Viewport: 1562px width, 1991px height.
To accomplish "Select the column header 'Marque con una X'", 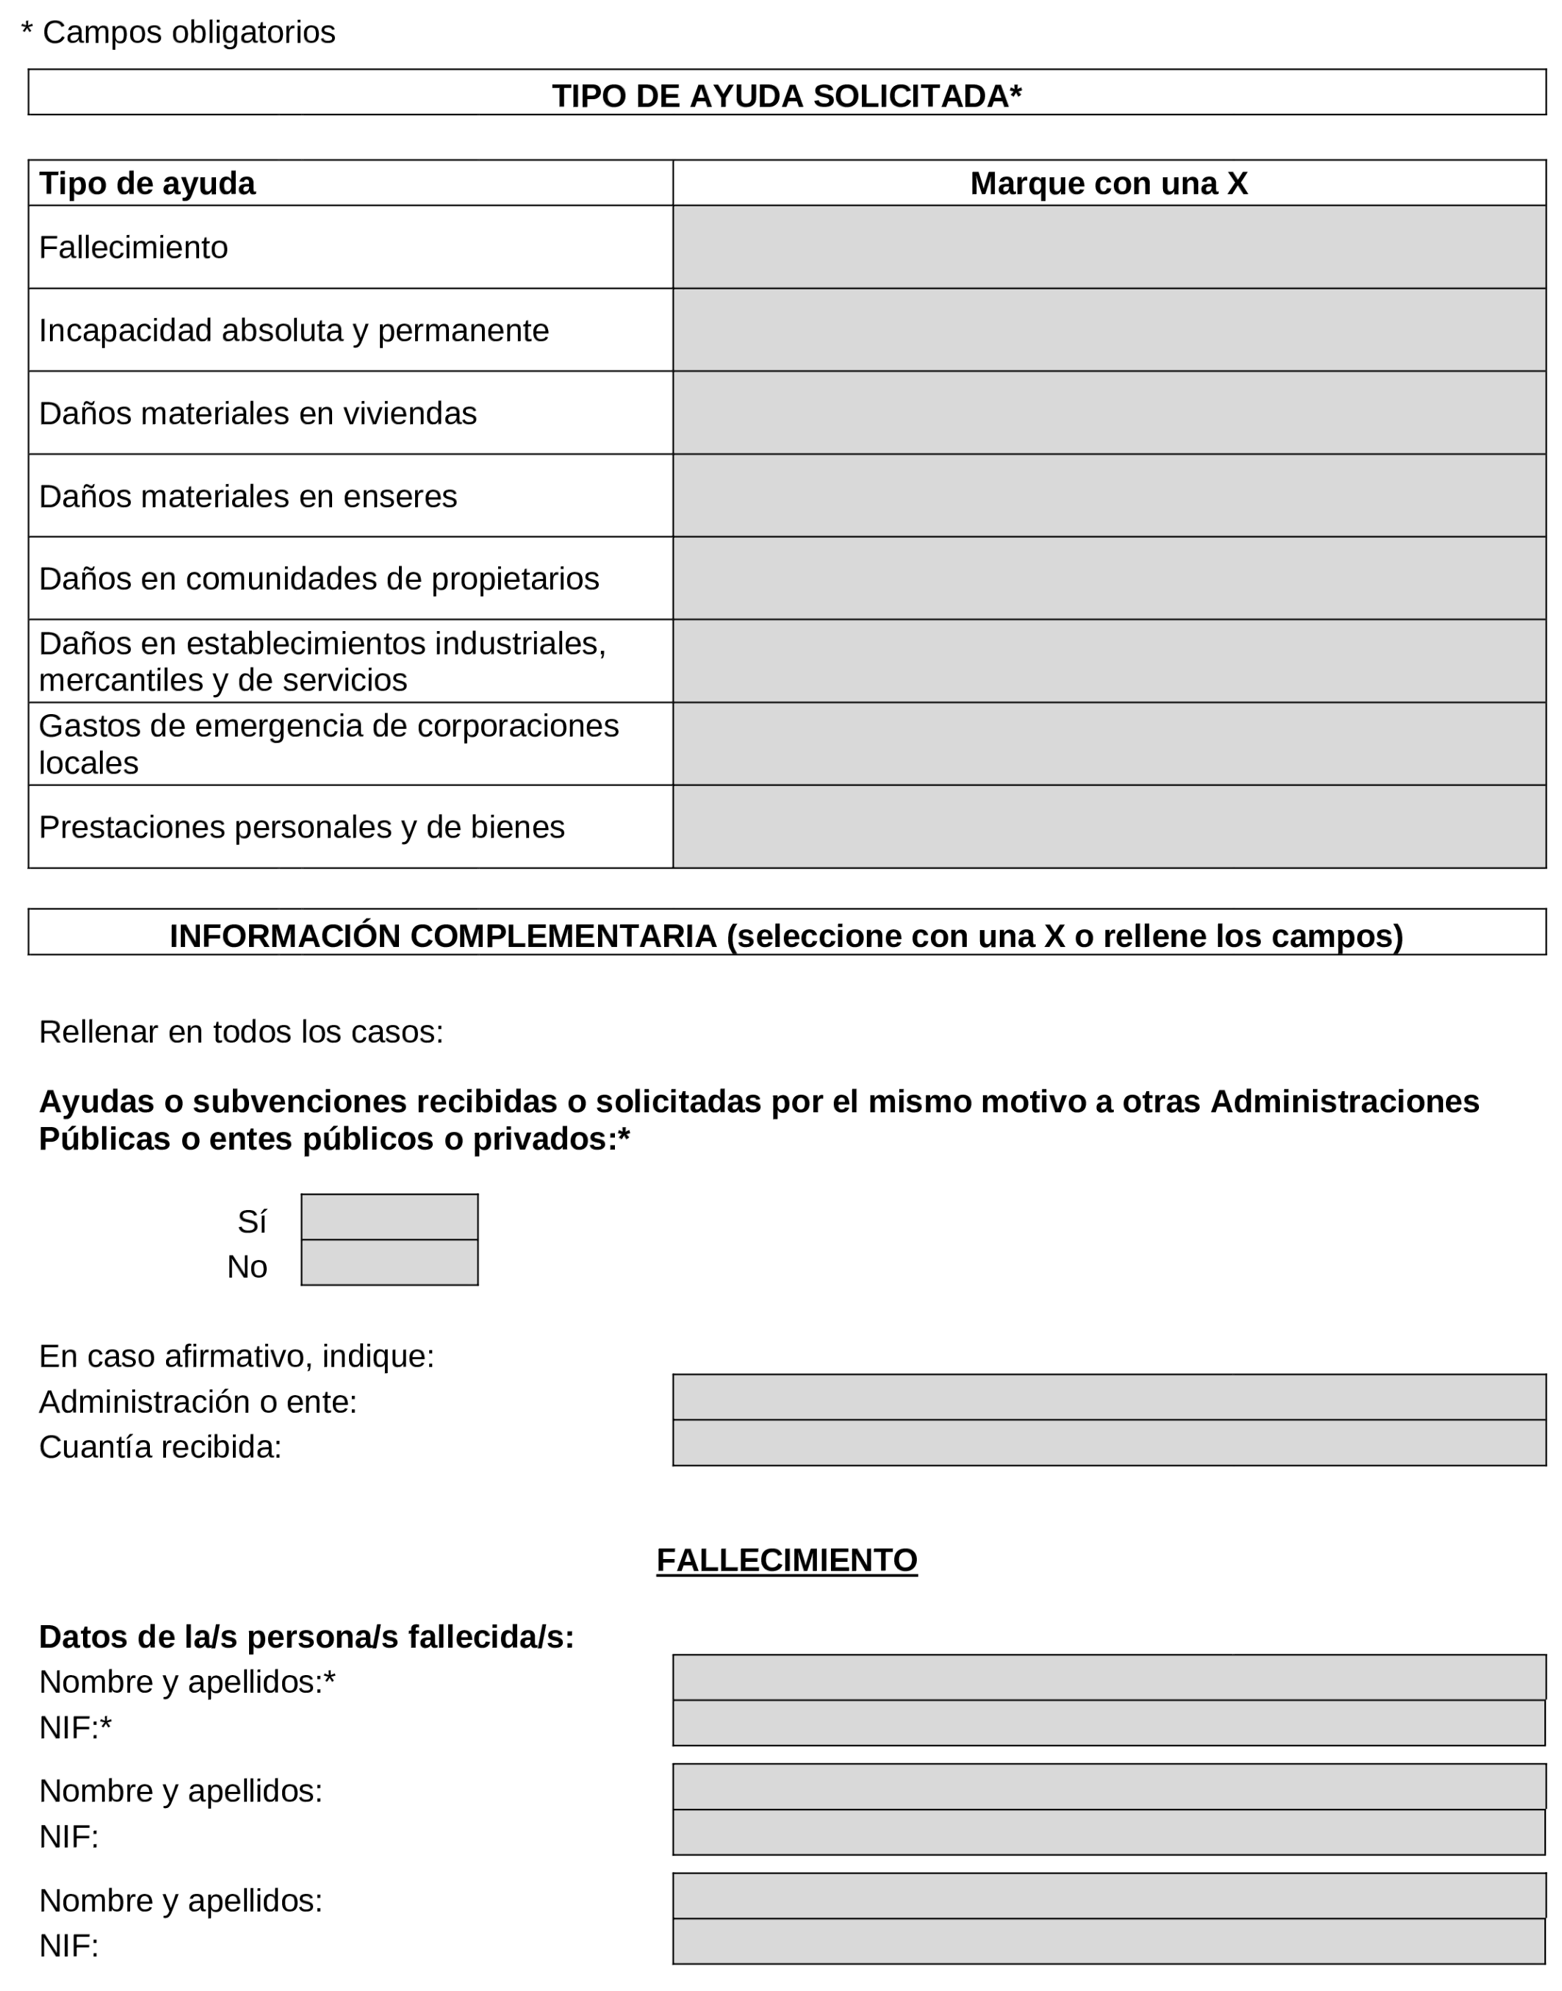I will point(1109,183).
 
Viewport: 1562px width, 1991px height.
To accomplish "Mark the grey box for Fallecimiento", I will point(1109,247).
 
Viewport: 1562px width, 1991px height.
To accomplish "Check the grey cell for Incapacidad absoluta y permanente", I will point(1109,330).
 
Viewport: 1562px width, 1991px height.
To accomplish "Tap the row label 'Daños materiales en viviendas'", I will point(258,414).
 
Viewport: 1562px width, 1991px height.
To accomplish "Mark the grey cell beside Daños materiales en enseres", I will point(1109,496).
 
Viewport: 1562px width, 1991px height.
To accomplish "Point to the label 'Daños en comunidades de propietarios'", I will point(318,579).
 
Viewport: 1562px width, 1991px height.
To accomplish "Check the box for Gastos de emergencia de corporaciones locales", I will point(1109,744).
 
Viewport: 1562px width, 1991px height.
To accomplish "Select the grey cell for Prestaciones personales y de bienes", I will point(1109,827).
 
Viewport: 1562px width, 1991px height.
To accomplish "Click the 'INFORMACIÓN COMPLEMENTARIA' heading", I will point(786,935).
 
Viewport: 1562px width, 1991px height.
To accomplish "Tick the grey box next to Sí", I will point(389,1217).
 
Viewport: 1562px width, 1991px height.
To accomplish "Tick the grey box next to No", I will point(389,1263).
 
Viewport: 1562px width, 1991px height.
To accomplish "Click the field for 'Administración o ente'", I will point(1109,1397).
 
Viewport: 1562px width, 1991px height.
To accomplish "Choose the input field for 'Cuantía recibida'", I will point(1109,1443).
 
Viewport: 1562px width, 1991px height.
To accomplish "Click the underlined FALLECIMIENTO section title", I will point(786,1560).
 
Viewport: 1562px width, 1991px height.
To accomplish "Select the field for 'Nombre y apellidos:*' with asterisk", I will point(1109,1677).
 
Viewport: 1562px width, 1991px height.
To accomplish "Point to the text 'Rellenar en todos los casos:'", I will point(240,1031).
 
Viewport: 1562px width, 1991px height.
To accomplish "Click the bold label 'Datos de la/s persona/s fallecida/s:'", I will point(306,1637).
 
